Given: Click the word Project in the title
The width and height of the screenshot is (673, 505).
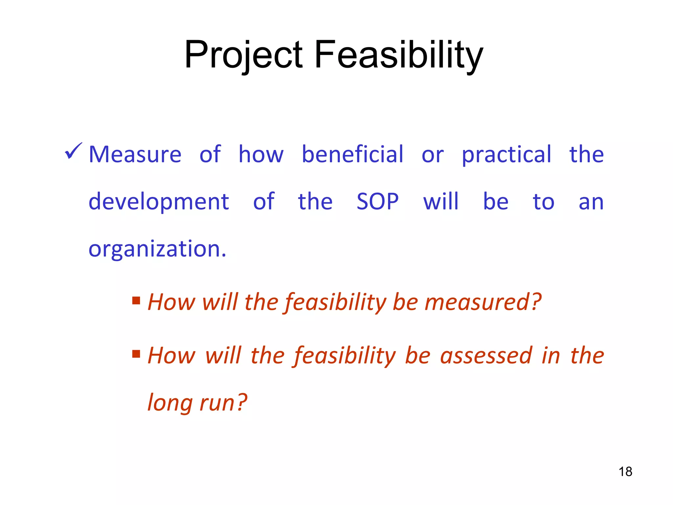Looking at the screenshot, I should [x=243, y=55].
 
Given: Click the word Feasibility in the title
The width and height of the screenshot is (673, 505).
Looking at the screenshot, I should [x=399, y=55].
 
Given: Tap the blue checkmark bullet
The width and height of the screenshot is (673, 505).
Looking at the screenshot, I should [x=73, y=152].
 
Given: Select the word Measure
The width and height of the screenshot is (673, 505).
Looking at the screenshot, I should [x=135, y=154].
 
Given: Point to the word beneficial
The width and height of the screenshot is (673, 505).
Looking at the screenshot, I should [x=352, y=154].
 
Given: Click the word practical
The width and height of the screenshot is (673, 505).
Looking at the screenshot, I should [x=506, y=154].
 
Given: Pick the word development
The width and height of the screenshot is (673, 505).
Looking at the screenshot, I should [x=159, y=202].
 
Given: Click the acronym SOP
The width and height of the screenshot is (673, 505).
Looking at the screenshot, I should [x=378, y=202].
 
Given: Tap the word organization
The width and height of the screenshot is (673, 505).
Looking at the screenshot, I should [x=157, y=249].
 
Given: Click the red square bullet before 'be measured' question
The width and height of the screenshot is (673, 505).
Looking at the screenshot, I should [x=136, y=300].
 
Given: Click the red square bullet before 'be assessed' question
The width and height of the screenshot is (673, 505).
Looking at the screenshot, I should [x=136, y=354].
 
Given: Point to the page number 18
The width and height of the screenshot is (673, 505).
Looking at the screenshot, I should [x=625, y=472].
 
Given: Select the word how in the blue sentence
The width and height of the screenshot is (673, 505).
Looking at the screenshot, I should [x=261, y=154].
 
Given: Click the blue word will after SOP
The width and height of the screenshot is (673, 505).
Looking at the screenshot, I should [x=441, y=202].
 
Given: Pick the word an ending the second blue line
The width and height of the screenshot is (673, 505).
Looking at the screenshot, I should [x=591, y=202].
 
